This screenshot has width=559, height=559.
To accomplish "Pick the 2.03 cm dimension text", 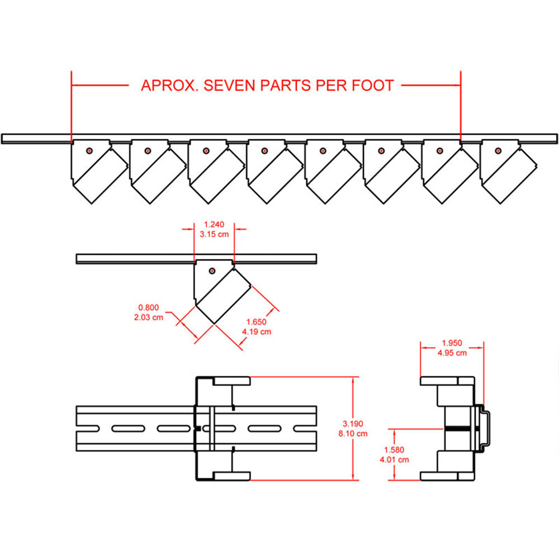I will coord(148,317).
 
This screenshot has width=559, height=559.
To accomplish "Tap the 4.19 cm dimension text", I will coord(257,331).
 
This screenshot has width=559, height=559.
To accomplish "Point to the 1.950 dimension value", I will coord(452,343).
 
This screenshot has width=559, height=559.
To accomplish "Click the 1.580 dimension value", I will coord(394,449).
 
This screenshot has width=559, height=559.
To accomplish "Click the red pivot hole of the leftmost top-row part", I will coord(89,150).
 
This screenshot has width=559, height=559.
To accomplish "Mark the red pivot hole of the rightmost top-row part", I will coord(498,150).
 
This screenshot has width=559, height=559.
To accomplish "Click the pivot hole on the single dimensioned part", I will coord(212,271).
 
